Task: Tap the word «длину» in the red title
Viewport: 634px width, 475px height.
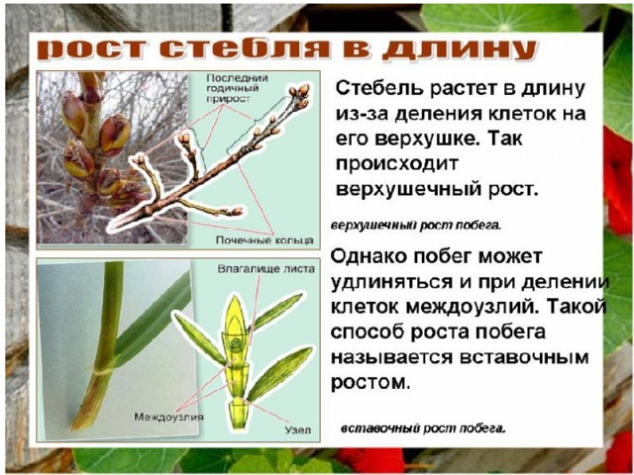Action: [459, 51]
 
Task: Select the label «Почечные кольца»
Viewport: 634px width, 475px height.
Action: [264, 239]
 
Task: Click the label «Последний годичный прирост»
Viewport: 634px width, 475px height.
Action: [232, 88]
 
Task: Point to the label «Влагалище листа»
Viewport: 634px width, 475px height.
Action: [266, 268]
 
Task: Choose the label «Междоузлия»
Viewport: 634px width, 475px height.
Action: [168, 417]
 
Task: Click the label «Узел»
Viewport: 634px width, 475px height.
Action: [298, 429]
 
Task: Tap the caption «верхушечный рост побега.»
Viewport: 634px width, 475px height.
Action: [416, 226]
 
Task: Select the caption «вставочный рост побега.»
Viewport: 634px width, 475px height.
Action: [423, 427]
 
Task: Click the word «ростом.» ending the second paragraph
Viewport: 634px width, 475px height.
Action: [370, 382]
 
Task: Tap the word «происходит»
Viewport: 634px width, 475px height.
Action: [396, 164]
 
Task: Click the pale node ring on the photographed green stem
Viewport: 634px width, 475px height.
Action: [103, 370]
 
